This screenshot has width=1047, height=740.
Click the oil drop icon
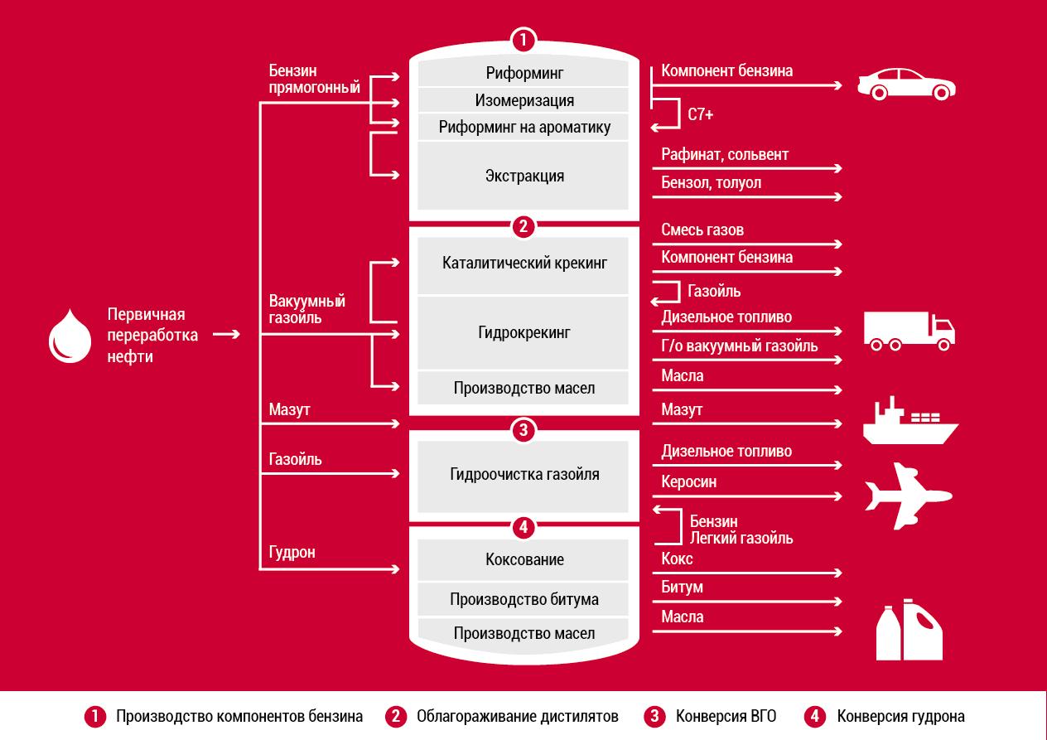coord(70,336)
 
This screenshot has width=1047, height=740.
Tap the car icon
coord(906,85)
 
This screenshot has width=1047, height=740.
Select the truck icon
coord(909,331)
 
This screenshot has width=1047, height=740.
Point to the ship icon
coord(910,421)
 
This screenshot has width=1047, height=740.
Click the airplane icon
coord(908,496)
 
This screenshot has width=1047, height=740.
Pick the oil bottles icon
coord(909,630)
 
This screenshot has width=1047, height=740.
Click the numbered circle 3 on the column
coord(523,430)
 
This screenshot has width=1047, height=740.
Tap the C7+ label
coord(700,114)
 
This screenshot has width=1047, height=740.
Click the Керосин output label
coord(688,481)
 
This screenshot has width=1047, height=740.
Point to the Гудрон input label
coord(292,553)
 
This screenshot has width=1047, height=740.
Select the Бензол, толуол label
coord(711,183)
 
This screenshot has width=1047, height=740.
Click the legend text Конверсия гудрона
coord(900,716)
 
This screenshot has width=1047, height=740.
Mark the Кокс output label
coord(677,559)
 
